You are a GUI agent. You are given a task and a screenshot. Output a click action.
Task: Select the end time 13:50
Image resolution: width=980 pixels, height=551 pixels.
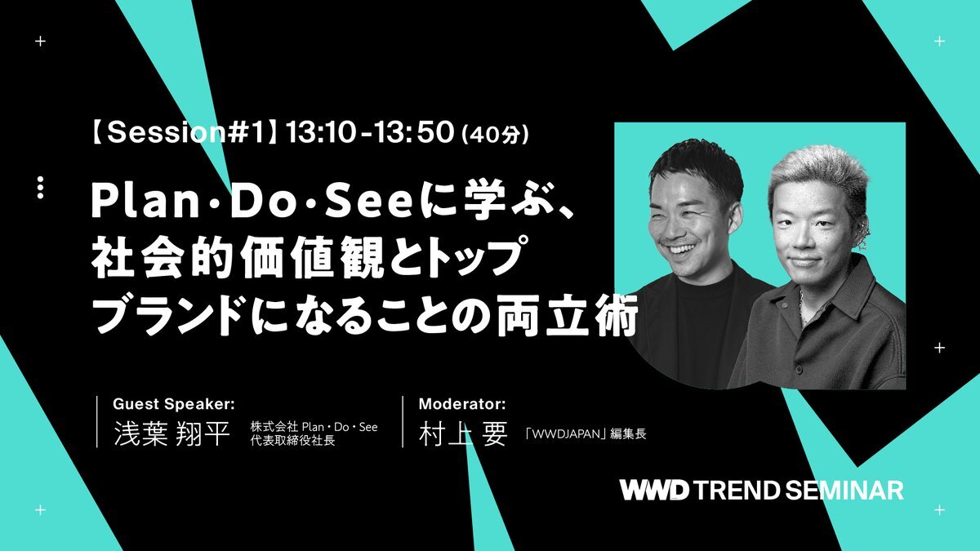pyautogui.click(x=413, y=132)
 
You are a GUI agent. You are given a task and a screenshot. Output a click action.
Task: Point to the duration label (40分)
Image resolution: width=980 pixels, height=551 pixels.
pyautogui.click(x=495, y=134)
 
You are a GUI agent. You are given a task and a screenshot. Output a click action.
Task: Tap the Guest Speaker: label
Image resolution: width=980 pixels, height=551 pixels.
pyautogui.click(x=174, y=404)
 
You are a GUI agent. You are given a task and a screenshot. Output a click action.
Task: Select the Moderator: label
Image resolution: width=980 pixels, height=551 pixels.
pyautogui.click(x=462, y=404)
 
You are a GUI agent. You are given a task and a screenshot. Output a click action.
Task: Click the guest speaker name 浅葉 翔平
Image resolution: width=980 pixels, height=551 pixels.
pyautogui.click(x=171, y=433)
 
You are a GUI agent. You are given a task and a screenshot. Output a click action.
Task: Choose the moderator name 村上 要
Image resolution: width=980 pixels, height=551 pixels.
pyautogui.click(x=463, y=433)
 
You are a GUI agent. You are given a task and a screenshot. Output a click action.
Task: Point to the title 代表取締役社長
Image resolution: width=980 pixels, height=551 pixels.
pyautogui.click(x=292, y=440)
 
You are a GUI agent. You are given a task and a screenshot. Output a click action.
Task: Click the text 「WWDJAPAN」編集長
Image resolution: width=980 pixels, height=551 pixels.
pyautogui.click(x=586, y=433)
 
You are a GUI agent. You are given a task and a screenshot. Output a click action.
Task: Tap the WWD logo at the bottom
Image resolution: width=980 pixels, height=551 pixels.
pyautogui.click(x=654, y=491)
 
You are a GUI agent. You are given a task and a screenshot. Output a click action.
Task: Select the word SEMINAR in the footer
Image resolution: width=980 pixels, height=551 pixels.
pyautogui.click(x=844, y=491)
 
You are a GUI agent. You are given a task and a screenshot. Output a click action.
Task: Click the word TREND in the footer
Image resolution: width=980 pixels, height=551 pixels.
pyautogui.click(x=737, y=491)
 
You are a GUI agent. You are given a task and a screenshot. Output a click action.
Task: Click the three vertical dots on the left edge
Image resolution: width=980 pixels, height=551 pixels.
pyautogui.click(x=40, y=188)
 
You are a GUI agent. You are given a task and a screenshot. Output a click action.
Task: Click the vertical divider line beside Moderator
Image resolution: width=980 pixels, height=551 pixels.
pyautogui.click(x=403, y=421)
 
